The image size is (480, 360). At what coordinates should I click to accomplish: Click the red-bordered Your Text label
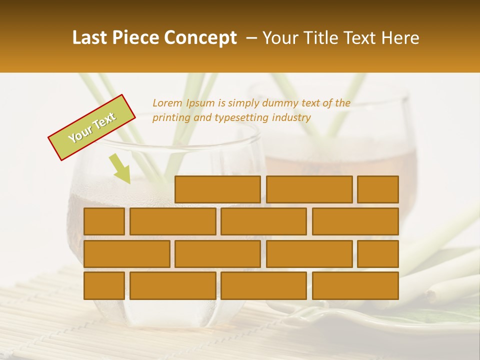pos(92,127)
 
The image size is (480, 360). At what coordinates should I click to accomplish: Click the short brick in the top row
pos(377,189)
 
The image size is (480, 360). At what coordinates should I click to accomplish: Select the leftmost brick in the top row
pos(217,189)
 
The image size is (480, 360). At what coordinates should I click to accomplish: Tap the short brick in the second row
pos(104,221)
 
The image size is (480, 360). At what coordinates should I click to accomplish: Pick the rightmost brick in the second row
pos(355,221)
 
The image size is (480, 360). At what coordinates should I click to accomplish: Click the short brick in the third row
pos(377,254)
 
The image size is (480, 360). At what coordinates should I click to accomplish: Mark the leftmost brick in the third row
pos(126,254)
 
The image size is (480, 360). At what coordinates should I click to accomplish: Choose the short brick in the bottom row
pos(104,286)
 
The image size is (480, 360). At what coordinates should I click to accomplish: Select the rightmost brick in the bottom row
pos(355,286)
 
